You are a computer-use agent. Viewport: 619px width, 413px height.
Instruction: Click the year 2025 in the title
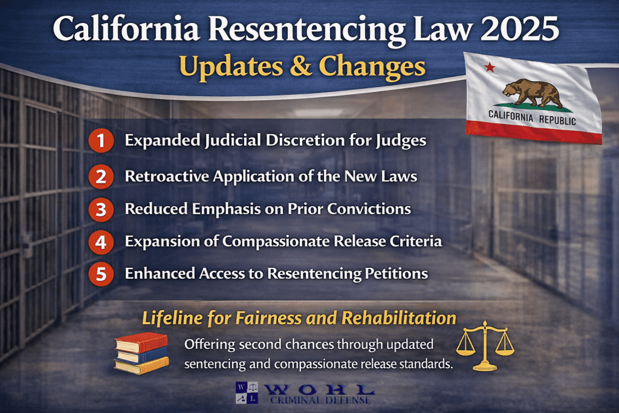click(x=525, y=30)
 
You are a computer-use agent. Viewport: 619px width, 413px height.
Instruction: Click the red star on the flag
click(x=490, y=67)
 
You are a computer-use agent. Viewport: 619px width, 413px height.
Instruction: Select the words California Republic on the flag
click(x=532, y=117)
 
